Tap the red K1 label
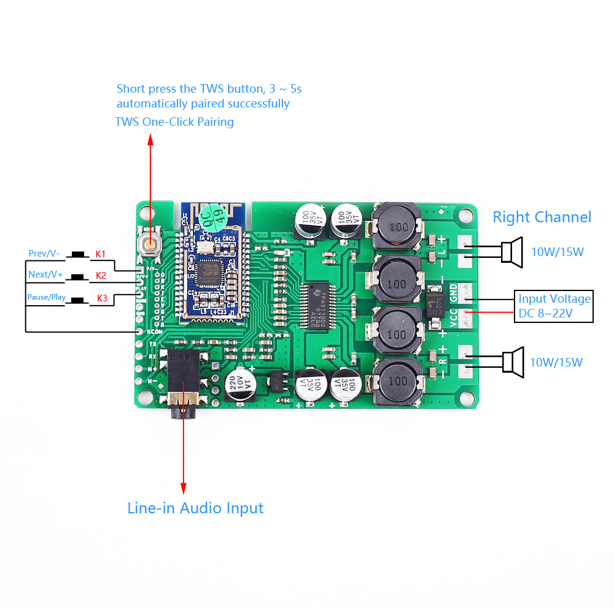[100, 254]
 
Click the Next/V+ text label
[45, 274]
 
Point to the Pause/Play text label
[47, 297]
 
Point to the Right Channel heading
[542, 217]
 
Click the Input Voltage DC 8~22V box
[554, 306]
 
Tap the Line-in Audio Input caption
[195, 508]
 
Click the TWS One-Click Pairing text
[174, 122]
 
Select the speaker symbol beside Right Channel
[511, 252]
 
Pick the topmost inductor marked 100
[396, 226]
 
